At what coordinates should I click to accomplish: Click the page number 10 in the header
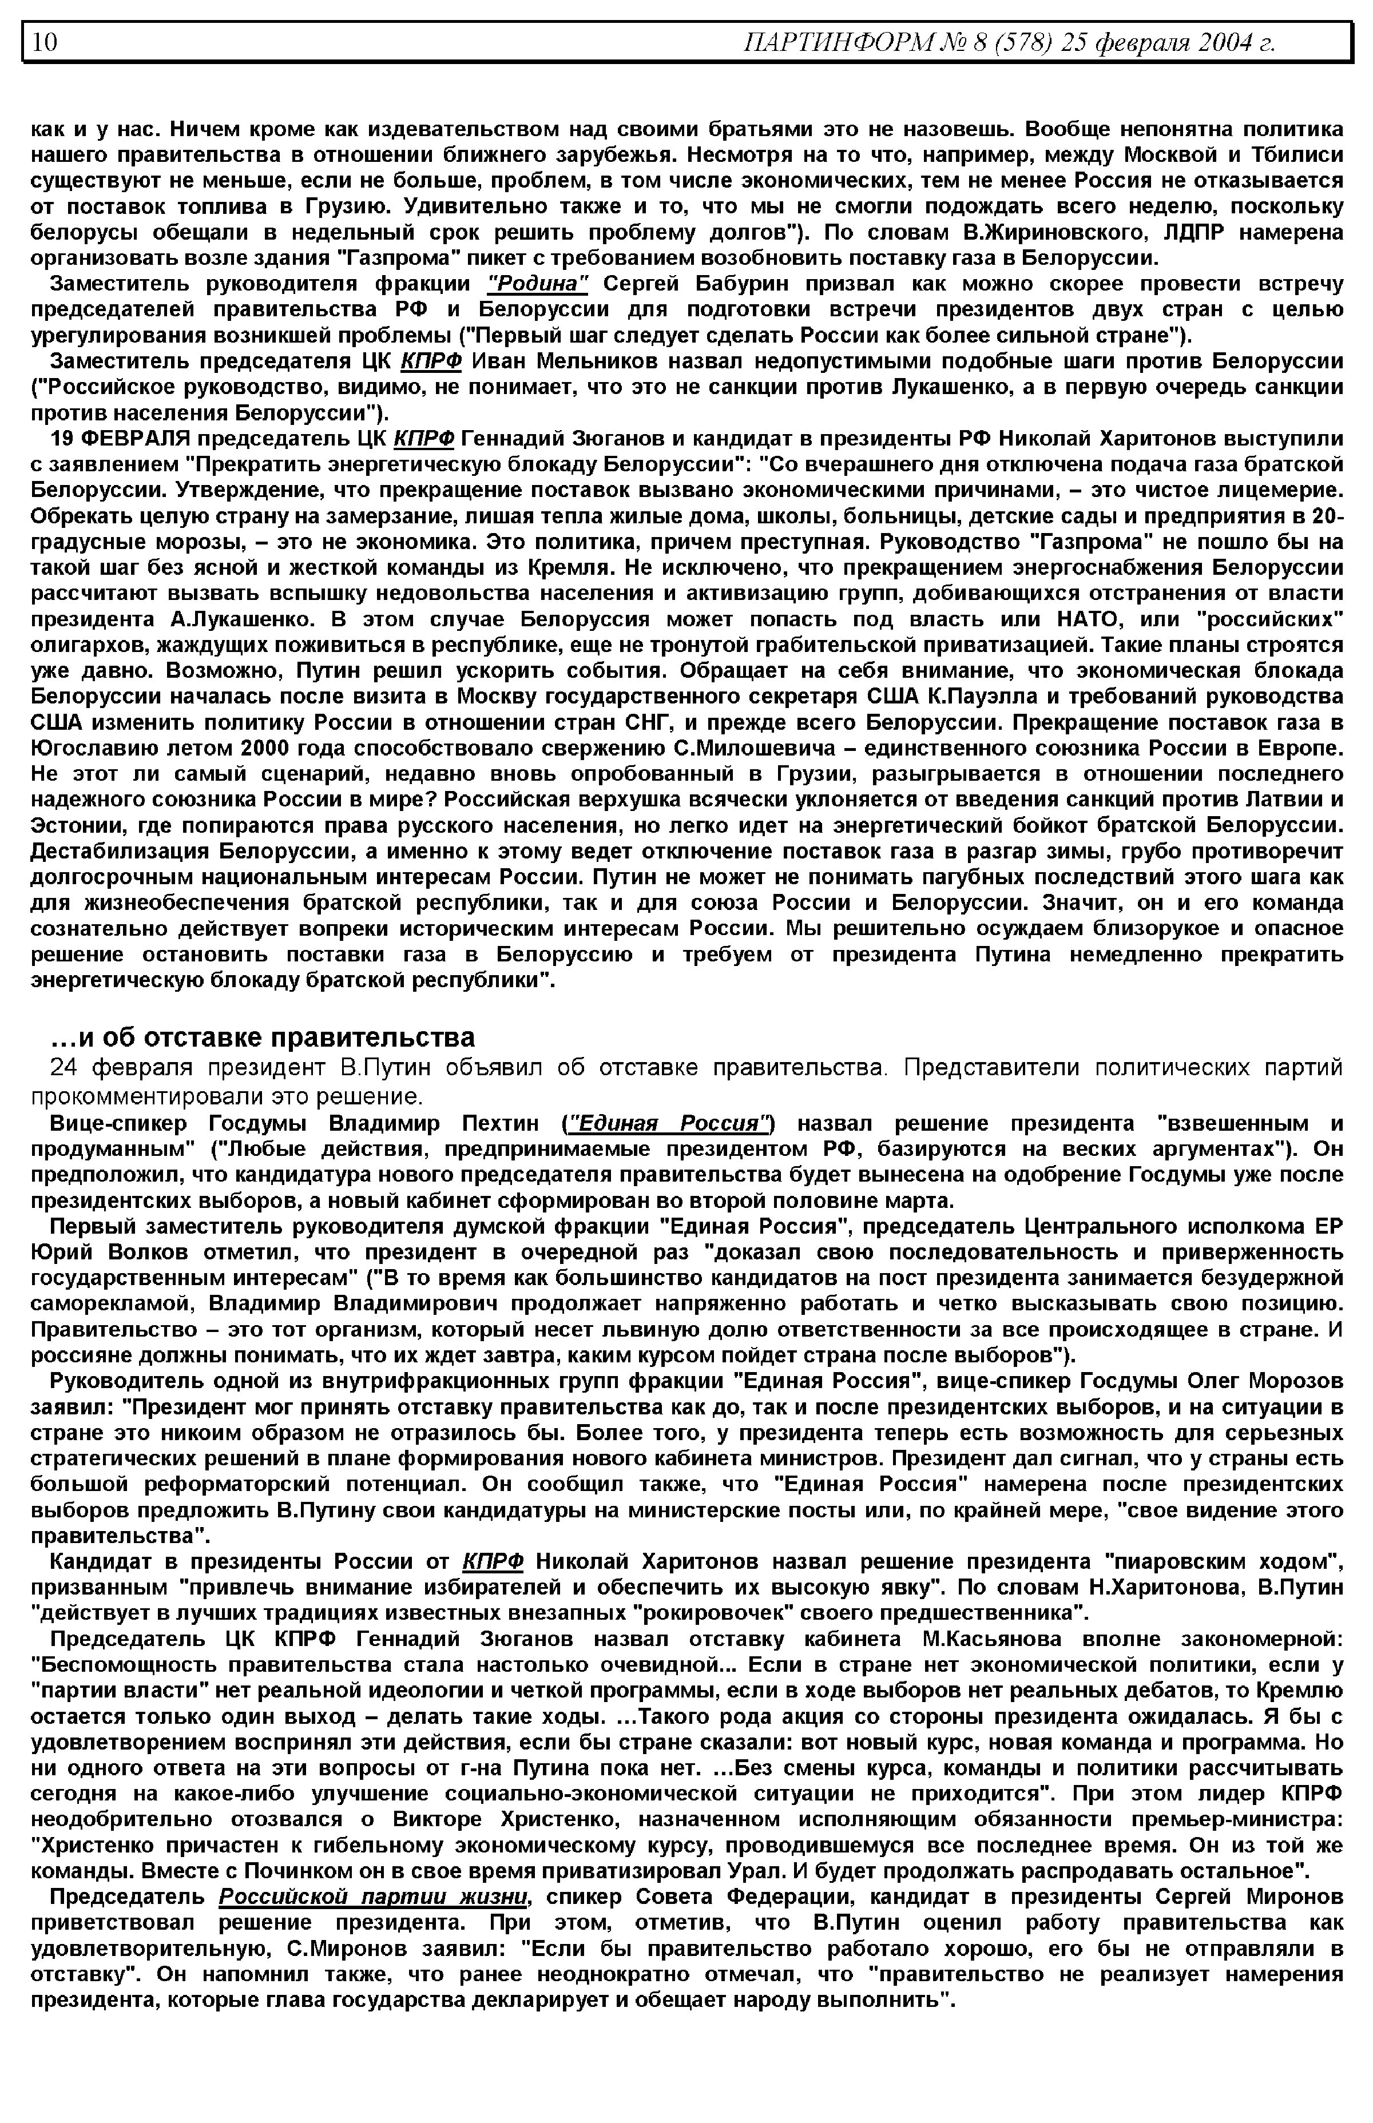coord(45,42)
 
